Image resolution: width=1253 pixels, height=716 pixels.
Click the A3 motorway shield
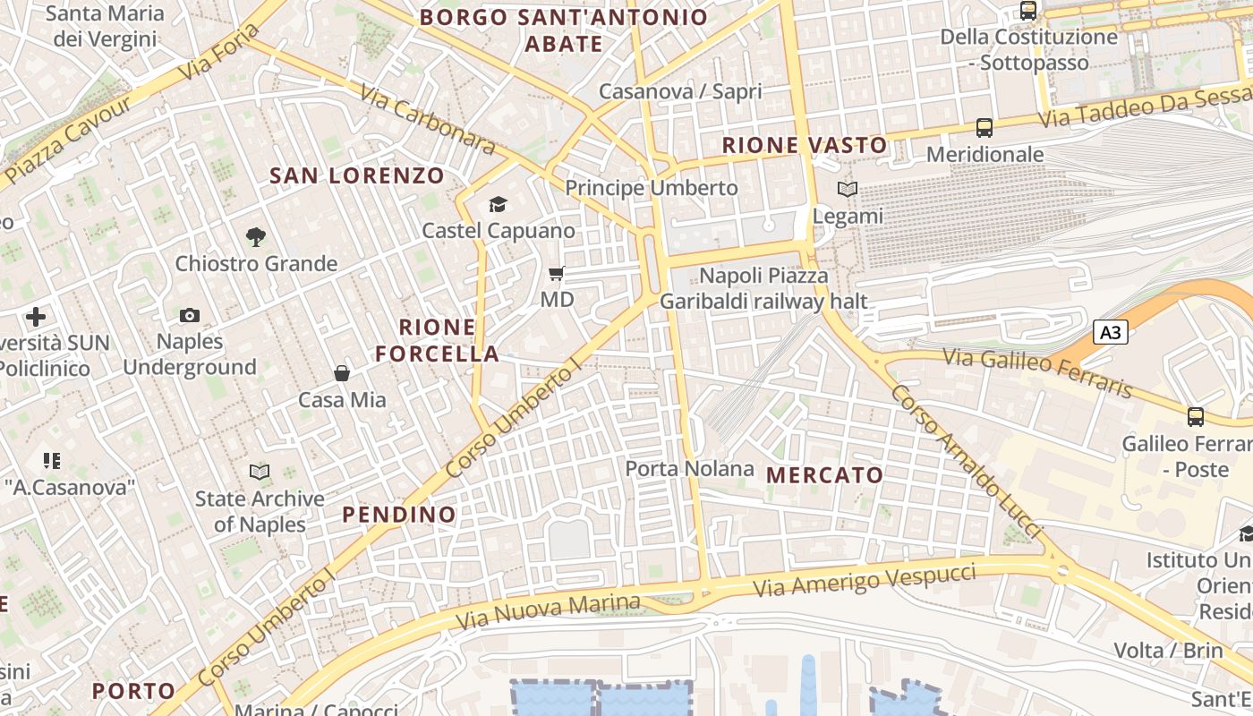point(1110,333)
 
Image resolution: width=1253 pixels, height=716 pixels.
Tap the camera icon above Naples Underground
point(190,315)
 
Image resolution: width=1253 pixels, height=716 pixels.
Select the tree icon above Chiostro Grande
point(256,237)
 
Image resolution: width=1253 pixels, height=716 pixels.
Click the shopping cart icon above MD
point(557,273)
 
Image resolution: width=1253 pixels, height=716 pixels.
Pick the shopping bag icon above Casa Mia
point(342,372)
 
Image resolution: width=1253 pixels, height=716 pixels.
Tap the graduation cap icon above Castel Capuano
point(498,205)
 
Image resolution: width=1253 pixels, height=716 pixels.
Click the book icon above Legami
point(847,189)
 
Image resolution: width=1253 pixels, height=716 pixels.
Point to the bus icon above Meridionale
point(984,128)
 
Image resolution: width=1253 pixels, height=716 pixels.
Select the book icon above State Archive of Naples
point(260,472)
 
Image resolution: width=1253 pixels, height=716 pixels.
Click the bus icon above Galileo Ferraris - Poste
point(1196,416)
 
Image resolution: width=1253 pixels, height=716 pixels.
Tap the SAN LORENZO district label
point(357,175)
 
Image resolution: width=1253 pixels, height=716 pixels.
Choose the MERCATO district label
point(825,475)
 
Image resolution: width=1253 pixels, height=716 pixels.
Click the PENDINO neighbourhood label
point(399,515)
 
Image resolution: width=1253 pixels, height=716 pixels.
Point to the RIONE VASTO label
point(805,145)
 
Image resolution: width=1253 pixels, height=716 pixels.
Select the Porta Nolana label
point(689,468)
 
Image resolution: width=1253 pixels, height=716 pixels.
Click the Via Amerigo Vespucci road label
point(864,575)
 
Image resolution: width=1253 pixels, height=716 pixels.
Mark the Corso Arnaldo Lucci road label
point(967,462)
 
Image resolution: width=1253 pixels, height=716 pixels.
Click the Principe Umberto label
point(652,188)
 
